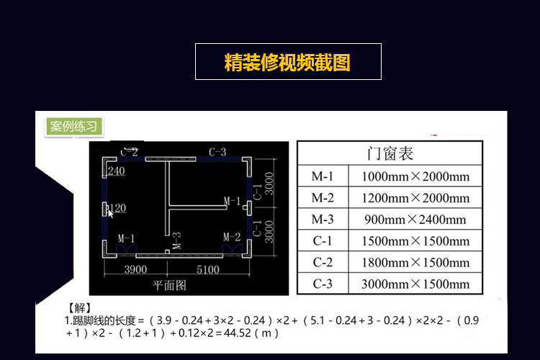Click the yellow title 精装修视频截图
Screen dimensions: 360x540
288,62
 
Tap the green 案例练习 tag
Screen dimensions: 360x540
73,127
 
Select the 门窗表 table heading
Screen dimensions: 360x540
390,153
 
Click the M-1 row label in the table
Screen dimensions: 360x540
323,176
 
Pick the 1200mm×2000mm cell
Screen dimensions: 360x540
415,198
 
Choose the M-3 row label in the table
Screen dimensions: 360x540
323,220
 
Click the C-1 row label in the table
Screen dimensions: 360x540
323,241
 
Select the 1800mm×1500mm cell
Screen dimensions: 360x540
415,263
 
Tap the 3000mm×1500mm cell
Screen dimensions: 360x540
415,284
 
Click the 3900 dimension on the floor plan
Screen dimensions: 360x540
135,269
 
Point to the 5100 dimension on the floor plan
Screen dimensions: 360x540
207,269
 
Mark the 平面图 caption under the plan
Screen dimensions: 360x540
170,285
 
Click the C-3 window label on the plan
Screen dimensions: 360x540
217,152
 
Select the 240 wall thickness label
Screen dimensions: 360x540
117,171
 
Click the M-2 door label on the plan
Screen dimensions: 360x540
231,237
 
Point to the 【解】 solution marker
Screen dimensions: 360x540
79,308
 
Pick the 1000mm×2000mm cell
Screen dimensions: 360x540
415,176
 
